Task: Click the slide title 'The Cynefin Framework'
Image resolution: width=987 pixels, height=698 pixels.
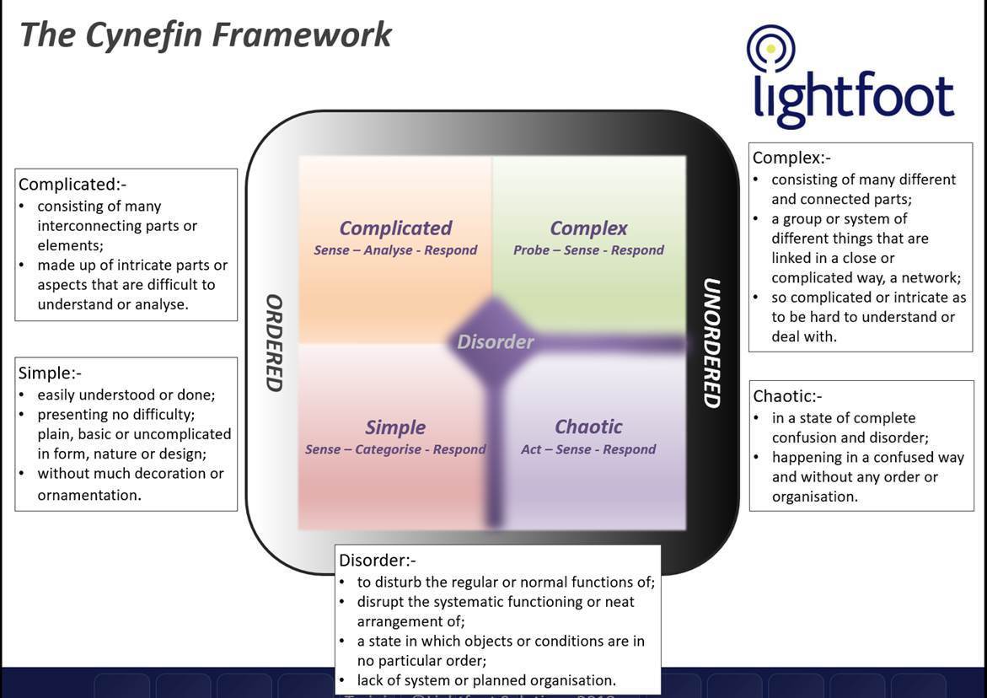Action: tap(205, 35)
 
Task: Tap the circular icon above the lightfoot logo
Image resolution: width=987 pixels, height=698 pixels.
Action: tap(770, 49)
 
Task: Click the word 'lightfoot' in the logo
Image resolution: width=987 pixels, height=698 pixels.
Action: tap(853, 97)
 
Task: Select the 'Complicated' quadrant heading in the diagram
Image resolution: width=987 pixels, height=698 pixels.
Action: tap(395, 228)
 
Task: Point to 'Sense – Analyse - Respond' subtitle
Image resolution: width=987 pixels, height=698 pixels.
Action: tap(395, 250)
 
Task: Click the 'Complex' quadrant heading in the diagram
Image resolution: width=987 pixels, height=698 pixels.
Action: tap(588, 228)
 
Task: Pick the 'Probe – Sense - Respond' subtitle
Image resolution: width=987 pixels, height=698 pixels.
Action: tap(588, 250)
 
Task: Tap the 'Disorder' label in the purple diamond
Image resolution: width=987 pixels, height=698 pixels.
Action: tap(495, 341)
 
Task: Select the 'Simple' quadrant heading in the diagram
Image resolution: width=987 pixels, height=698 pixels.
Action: tap(395, 427)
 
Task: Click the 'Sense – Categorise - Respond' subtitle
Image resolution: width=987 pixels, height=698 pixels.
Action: tap(395, 449)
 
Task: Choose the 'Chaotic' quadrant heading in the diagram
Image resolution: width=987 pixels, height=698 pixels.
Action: tap(588, 427)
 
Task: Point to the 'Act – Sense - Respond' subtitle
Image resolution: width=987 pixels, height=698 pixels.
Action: tap(588, 449)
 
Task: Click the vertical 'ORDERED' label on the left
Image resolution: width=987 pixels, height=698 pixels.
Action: tap(273, 342)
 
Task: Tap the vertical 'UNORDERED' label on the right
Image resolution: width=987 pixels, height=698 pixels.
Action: tap(711, 342)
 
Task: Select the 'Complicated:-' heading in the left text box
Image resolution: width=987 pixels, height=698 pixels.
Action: tap(72, 184)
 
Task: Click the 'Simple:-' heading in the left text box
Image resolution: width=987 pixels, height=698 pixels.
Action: tap(50, 373)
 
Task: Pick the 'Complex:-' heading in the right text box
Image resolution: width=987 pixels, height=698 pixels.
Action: tap(791, 158)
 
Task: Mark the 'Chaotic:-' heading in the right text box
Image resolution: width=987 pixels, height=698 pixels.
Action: tap(787, 396)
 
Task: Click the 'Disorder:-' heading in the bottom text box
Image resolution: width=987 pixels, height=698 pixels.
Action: tap(378, 561)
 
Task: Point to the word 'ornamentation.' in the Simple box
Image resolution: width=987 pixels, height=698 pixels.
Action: tap(89, 495)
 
